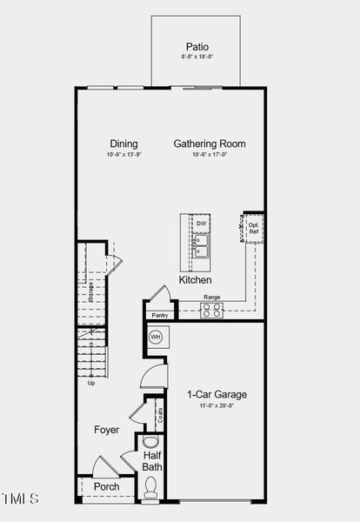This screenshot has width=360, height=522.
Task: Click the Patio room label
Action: click(197, 46)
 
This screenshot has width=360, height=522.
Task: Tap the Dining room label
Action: click(123, 144)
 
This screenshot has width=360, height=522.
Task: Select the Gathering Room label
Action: click(210, 144)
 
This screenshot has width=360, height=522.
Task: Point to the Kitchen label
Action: click(196, 280)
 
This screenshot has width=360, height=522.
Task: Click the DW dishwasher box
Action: click(201, 224)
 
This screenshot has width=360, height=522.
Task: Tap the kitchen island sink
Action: click(201, 251)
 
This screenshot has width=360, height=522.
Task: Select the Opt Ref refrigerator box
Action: click(253, 229)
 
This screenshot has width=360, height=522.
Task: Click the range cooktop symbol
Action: click(211, 311)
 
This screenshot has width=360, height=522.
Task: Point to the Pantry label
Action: click(159, 315)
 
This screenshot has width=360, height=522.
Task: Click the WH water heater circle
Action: click(157, 338)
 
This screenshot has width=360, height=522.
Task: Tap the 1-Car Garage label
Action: click(217, 394)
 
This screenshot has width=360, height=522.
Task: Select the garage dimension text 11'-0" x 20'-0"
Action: click(217, 405)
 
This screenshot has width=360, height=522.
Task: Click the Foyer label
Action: click(107, 430)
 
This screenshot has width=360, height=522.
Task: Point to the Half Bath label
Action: click(152, 460)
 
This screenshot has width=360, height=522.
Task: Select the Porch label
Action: click(107, 486)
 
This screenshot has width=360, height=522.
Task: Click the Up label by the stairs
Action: click(91, 382)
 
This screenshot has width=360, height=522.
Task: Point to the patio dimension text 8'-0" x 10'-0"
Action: click(197, 57)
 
